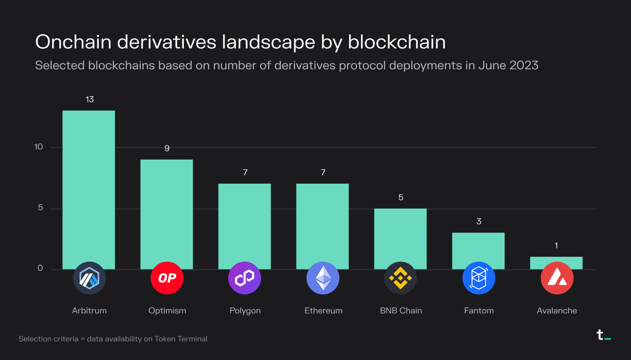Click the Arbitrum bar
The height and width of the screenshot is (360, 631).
coord(89,186)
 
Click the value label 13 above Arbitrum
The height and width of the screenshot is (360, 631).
coord(90,100)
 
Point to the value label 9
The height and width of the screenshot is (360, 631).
coord(167,148)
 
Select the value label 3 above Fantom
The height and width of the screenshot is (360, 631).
coord(479,222)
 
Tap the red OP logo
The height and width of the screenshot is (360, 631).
coord(167,278)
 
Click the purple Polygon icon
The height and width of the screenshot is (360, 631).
coord(245,278)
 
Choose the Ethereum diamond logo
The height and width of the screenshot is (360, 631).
coord(323,278)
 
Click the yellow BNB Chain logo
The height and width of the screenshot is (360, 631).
coord(401,278)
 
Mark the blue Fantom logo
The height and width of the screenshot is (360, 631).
coord(479,278)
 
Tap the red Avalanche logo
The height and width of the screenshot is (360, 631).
coord(557,278)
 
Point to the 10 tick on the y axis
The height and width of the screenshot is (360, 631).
coord(38,147)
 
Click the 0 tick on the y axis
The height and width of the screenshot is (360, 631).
coord(40,268)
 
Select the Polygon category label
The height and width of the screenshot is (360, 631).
coord(245,310)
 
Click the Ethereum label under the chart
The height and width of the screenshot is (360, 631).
coord(323,310)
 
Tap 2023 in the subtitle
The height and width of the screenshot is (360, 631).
coord(524,66)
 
